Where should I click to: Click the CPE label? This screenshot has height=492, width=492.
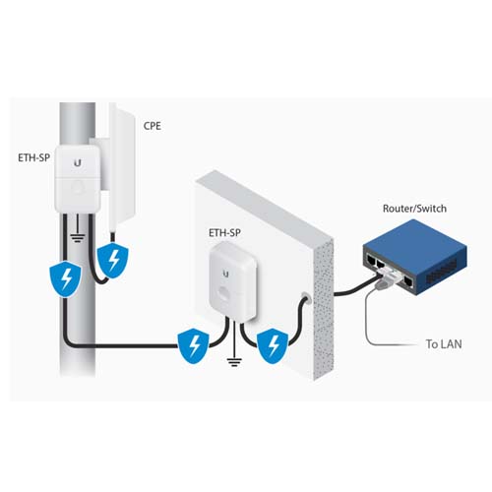click(x=153, y=126)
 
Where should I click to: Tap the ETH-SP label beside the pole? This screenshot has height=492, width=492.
click(x=33, y=157)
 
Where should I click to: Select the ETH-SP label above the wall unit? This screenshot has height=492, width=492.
click(x=224, y=232)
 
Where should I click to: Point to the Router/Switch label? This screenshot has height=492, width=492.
click(x=414, y=209)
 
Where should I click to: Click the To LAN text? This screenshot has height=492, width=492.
click(x=444, y=343)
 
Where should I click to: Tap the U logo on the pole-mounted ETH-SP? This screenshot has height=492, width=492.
click(x=78, y=162)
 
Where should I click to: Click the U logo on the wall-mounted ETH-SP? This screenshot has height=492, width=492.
click(x=225, y=274)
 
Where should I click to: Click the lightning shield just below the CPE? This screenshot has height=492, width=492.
click(x=113, y=261)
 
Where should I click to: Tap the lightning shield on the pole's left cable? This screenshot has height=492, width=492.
click(x=65, y=278)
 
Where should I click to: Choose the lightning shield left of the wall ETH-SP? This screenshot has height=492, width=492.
click(x=193, y=345)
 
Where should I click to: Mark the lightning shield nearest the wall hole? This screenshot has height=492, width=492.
click(x=273, y=347)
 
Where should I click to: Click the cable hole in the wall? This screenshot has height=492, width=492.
click(x=306, y=297)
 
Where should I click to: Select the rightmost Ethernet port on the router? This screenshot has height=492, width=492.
click(x=408, y=281)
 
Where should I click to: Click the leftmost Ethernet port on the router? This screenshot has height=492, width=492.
click(x=371, y=260)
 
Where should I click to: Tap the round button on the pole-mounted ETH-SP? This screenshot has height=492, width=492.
click(x=78, y=188)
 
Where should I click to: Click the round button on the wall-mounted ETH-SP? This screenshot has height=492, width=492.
click(x=225, y=293)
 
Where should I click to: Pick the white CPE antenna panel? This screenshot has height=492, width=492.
click(x=121, y=164)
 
